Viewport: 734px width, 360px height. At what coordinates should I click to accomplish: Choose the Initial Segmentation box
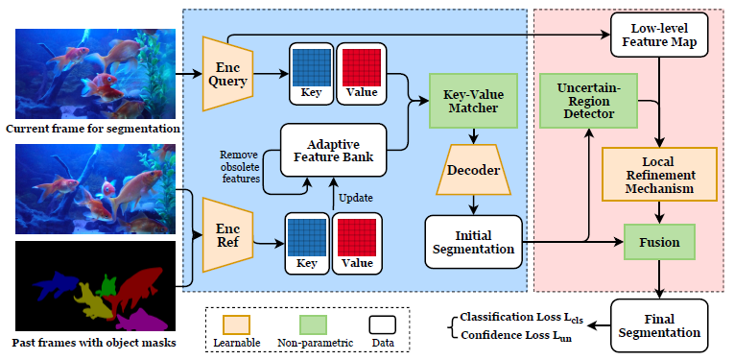473,242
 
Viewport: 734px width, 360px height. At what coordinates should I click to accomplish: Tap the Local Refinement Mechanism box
659,174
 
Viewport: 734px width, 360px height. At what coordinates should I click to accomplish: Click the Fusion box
659,243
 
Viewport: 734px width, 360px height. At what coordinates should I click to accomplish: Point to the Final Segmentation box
660,324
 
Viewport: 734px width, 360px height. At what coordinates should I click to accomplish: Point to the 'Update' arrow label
354,196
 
